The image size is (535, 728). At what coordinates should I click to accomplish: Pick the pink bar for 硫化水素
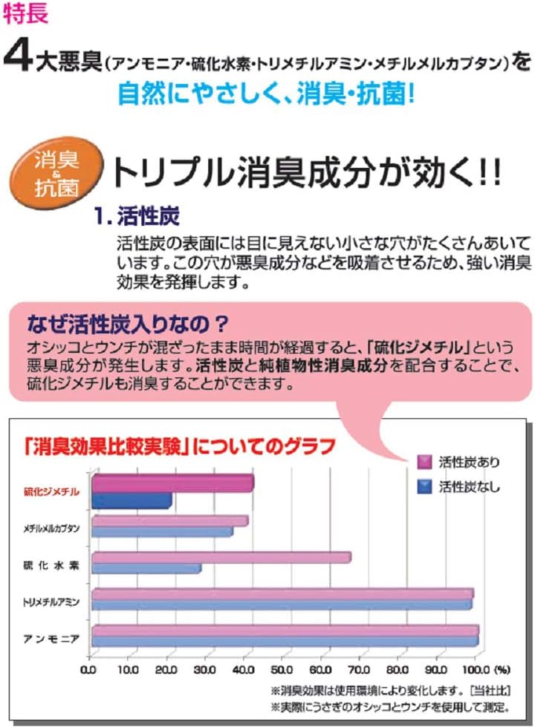[221, 557]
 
